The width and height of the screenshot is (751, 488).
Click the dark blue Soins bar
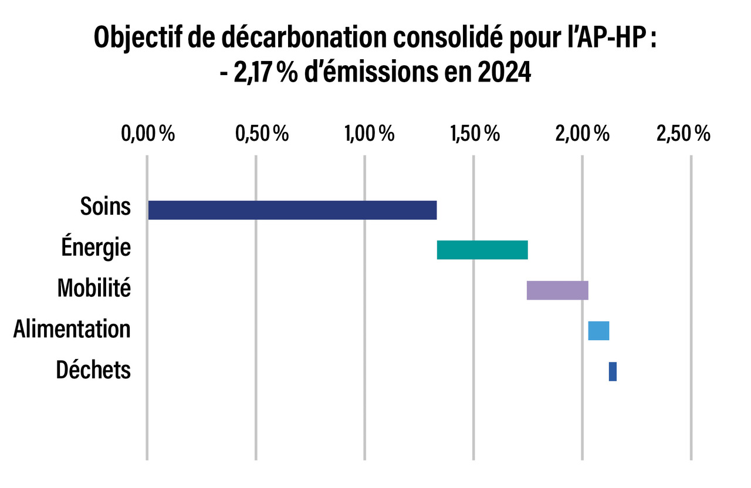[292, 210]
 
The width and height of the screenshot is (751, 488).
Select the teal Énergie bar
[482, 250]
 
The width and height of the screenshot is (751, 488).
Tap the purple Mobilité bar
[557, 290]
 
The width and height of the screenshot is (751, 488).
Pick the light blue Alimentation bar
[598, 331]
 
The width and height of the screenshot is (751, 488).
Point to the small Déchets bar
[613, 371]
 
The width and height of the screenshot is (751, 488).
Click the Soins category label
[106, 207]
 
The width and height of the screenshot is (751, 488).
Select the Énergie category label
[96, 248]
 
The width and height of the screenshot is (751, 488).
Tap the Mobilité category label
[94, 288]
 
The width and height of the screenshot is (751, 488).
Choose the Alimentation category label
[72, 328]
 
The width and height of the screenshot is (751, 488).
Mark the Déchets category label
[93, 370]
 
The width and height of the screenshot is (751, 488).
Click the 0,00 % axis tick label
[148, 134]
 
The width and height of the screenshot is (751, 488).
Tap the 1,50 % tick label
[475, 134]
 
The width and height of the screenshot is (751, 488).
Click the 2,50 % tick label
[684, 134]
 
